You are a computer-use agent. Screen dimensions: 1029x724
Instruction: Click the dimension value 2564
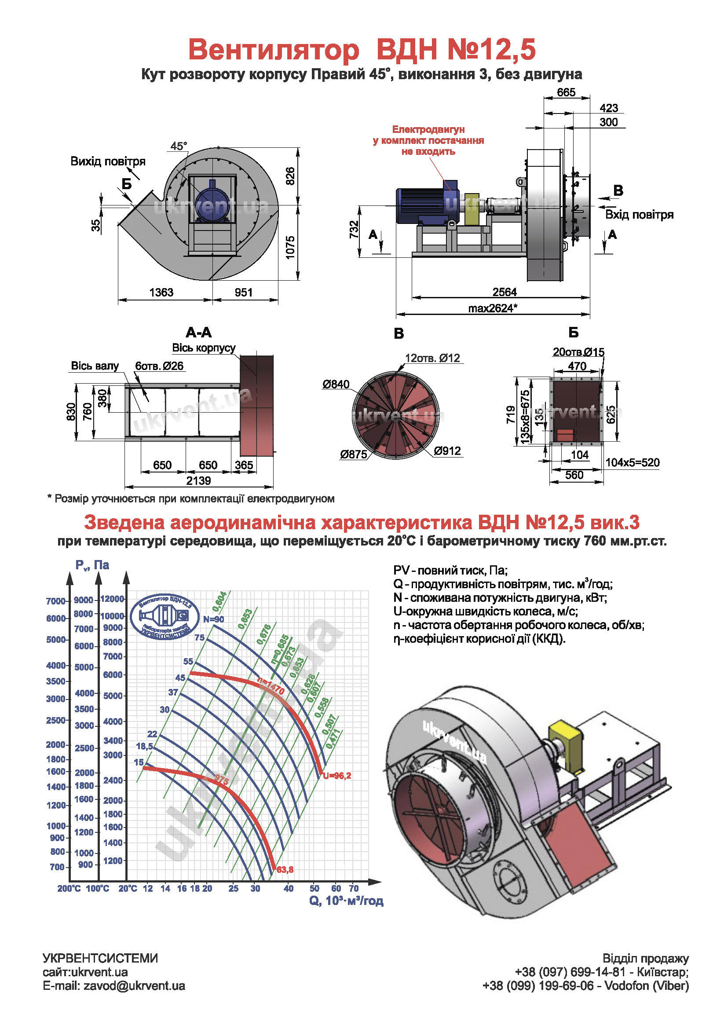tap(505, 292)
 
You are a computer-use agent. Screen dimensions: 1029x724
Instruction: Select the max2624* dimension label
tap(492, 308)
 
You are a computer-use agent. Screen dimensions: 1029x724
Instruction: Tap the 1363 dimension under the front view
tap(161, 292)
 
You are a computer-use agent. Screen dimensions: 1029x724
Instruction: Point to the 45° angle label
tap(178, 146)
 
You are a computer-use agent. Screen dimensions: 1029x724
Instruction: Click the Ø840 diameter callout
tap(336, 384)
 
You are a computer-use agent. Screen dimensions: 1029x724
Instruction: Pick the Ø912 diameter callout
tap(447, 451)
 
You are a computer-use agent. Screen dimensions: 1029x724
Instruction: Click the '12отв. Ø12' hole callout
tap(432, 358)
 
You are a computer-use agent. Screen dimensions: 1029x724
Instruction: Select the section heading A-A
tap(198, 332)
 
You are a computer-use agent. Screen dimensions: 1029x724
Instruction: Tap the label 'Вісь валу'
tap(95, 366)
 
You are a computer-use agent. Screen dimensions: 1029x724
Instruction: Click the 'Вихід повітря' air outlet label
tap(107, 161)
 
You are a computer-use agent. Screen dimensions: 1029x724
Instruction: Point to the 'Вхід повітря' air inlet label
tap(639, 215)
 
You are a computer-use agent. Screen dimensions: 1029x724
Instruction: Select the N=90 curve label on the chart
tap(213, 619)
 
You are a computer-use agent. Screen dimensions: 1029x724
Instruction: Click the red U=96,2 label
tap(337, 776)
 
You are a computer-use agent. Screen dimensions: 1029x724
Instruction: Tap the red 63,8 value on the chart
tap(285, 869)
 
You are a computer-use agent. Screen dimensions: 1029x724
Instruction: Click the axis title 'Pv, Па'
tap(92, 565)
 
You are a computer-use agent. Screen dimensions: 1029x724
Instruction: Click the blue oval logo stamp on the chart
tap(165, 617)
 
